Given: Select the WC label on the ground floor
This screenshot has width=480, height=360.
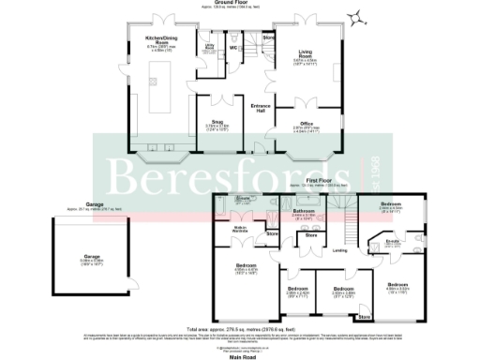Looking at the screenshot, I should pos(232,48).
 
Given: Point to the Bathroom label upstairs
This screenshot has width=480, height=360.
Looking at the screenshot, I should pos(303,213).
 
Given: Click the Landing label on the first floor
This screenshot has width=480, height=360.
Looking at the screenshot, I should pos(340,249).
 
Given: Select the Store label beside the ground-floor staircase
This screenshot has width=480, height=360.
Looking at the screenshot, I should pos(268,37).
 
